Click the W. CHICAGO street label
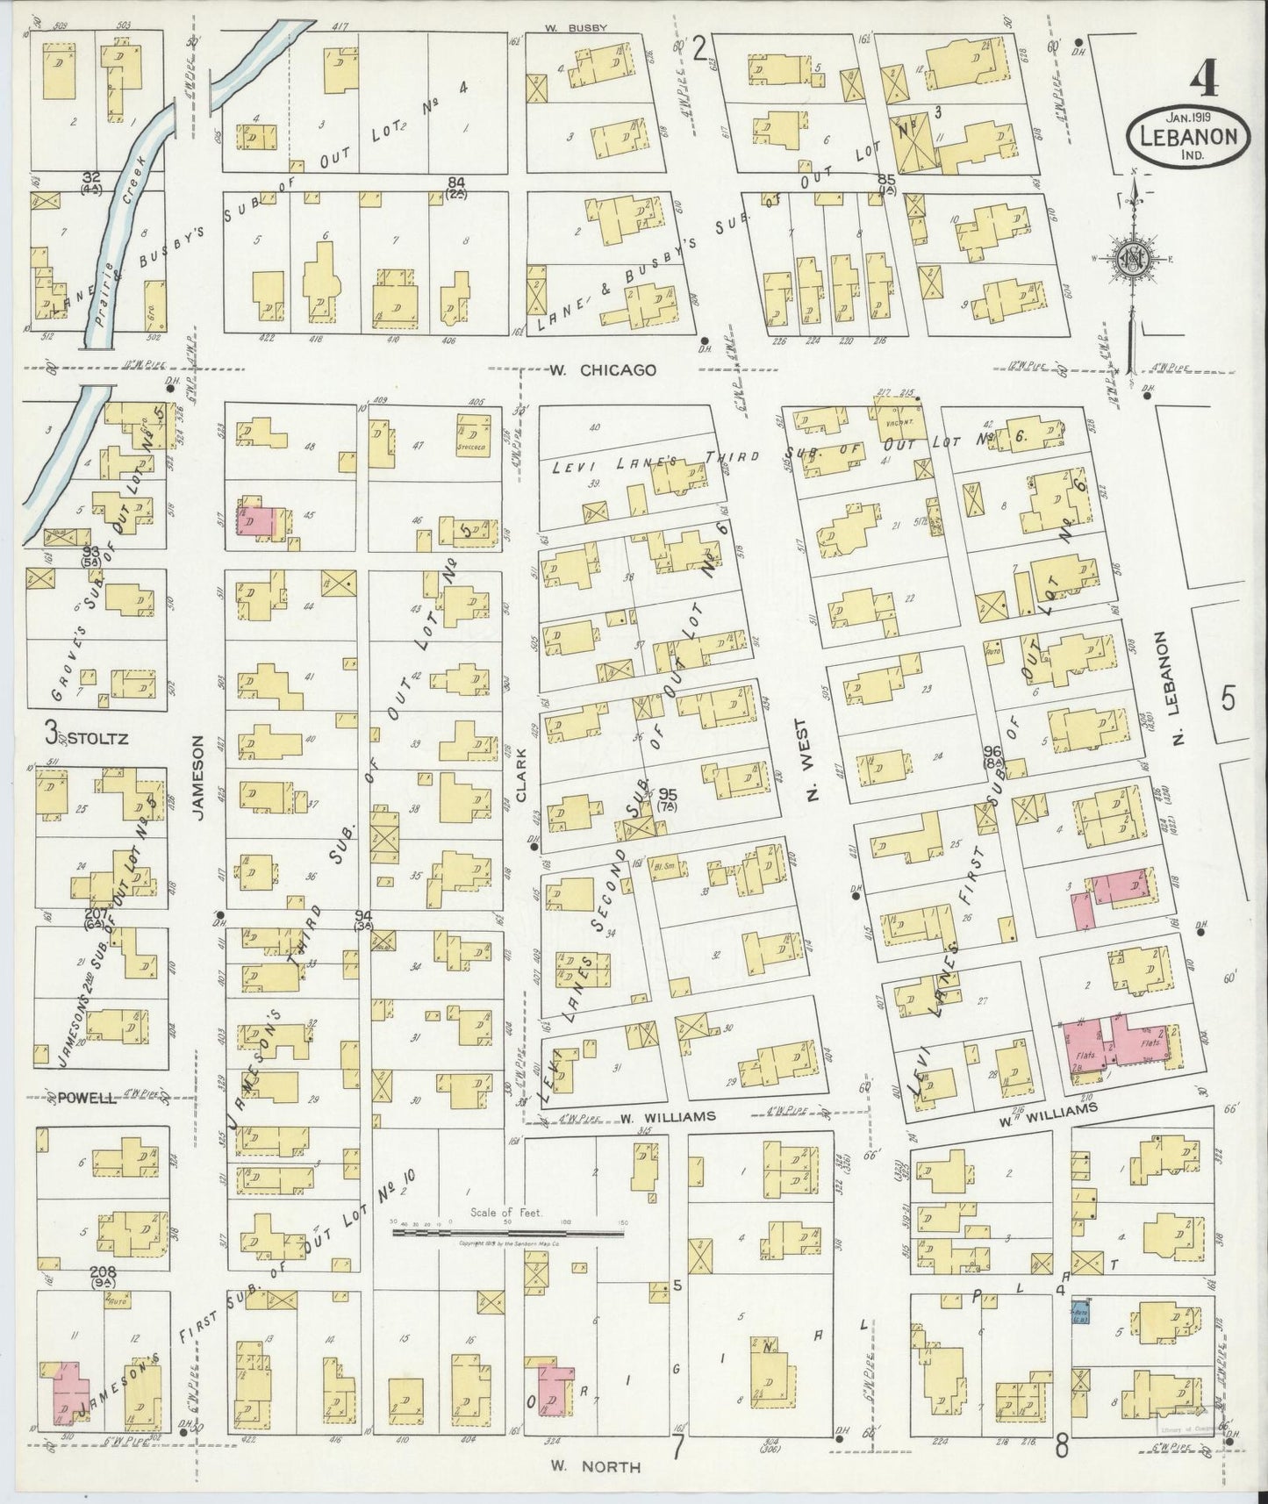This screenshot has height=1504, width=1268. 604,370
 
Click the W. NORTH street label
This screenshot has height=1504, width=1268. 596,1466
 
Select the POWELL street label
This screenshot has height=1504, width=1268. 88,1098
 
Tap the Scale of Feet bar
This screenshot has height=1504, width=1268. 509,1233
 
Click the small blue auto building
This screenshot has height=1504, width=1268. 1080,1312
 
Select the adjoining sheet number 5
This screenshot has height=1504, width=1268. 1228,698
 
